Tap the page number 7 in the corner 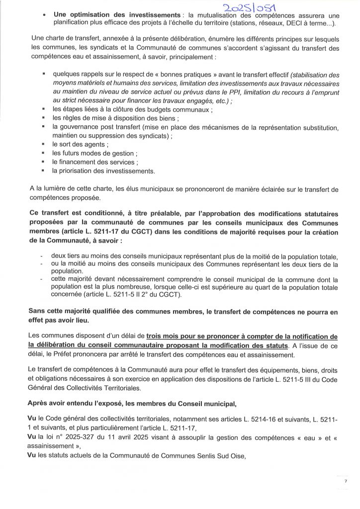pyautogui.click(x=345, y=482)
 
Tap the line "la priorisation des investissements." pyautogui.click(x=103, y=171)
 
